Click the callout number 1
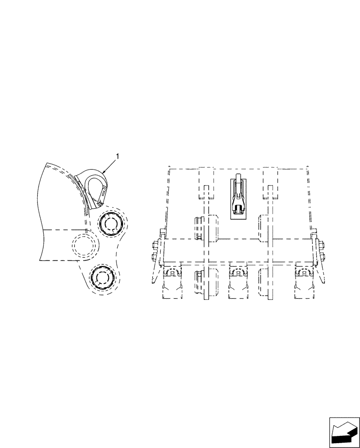tap(117, 156)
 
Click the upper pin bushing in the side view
tap(110, 223)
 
